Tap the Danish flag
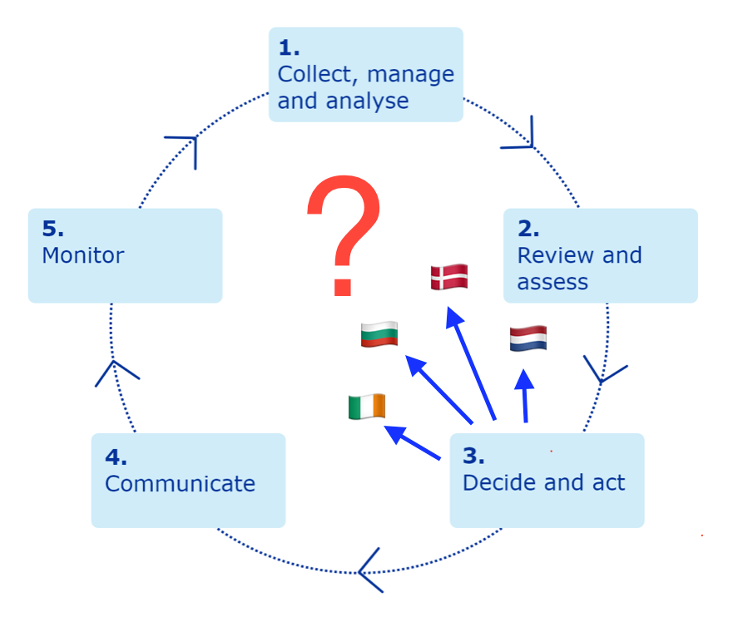[449, 277]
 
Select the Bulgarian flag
[379, 334]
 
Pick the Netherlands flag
[528, 338]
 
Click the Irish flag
[367, 407]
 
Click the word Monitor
[82, 255]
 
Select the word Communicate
[180, 483]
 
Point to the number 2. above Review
[528, 230]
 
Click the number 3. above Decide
[473, 456]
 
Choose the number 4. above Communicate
[116, 457]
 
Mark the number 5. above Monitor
[52, 230]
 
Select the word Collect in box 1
[318, 75]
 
